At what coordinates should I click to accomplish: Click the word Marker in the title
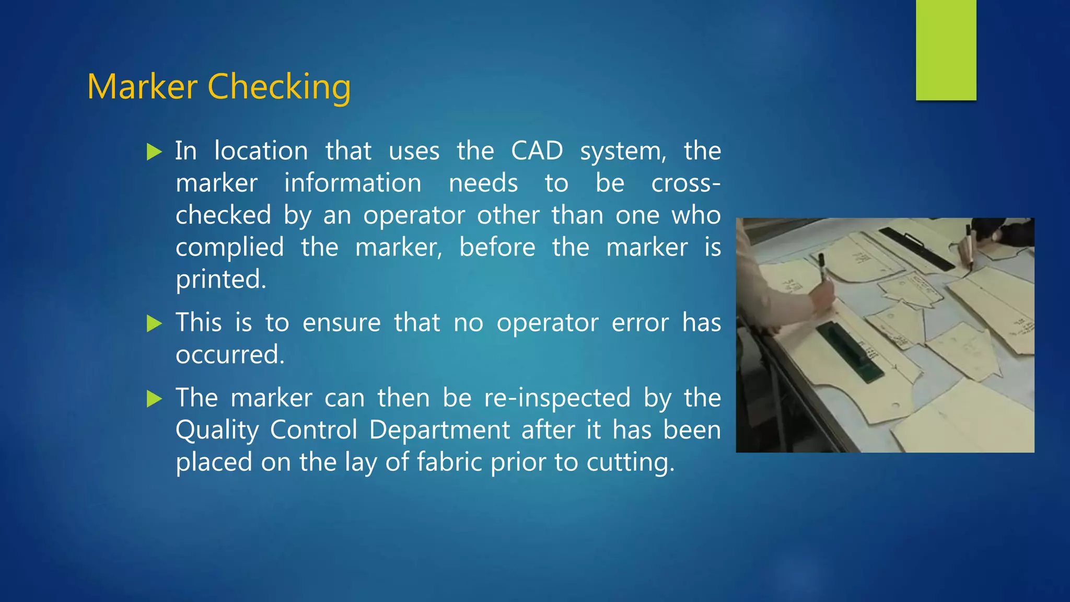pyautogui.click(x=142, y=87)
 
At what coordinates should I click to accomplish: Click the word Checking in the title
pyautogui.click(x=279, y=87)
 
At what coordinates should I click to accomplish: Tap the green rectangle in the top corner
pyautogui.click(x=946, y=50)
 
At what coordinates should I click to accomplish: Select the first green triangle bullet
pyautogui.click(x=154, y=152)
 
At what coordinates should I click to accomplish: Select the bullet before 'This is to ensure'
pyautogui.click(x=154, y=323)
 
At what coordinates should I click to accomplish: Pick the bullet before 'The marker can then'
pyautogui.click(x=154, y=399)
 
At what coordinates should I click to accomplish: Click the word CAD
pyautogui.click(x=537, y=151)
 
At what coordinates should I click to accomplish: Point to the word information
pyautogui.click(x=353, y=183)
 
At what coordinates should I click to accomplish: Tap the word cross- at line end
pyautogui.click(x=685, y=183)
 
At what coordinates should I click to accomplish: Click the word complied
pyautogui.click(x=229, y=248)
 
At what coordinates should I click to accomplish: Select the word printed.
pyautogui.click(x=220, y=280)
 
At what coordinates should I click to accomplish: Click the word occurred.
pyautogui.click(x=229, y=355)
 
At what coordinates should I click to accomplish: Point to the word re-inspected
pyautogui.click(x=557, y=398)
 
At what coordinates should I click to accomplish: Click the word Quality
pyautogui.click(x=217, y=431)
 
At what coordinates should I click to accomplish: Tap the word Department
pyautogui.click(x=439, y=430)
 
